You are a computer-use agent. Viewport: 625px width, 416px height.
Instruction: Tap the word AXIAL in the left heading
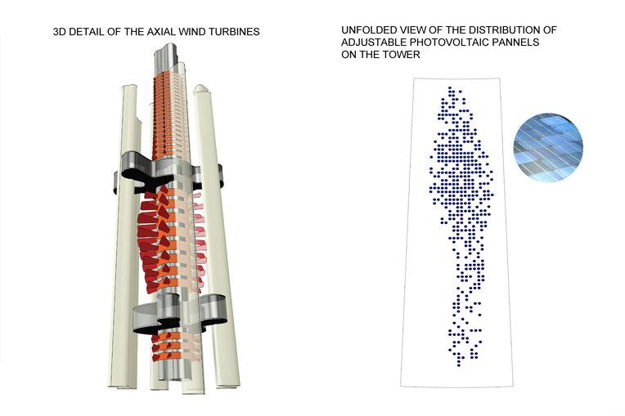[x=161, y=32]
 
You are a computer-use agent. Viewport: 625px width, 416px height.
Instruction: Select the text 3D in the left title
[x=60, y=32]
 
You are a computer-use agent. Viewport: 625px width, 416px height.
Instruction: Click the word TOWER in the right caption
[x=402, y=55]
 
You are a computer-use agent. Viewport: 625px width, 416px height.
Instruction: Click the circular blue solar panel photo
[x=548, y=147]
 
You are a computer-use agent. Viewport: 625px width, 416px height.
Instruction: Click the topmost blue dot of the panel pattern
[x=450, y=87]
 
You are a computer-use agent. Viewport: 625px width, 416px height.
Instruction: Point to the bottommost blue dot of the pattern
[x=459, y=365]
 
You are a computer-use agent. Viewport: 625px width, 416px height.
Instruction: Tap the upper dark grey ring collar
[x=168, y=171]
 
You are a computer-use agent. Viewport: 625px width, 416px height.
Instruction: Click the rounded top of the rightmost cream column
[x=201, y=89]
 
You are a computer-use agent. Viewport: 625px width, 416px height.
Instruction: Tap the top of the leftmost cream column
[x=129, y=87]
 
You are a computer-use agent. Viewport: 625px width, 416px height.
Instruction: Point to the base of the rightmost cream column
[x=228, y=385]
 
